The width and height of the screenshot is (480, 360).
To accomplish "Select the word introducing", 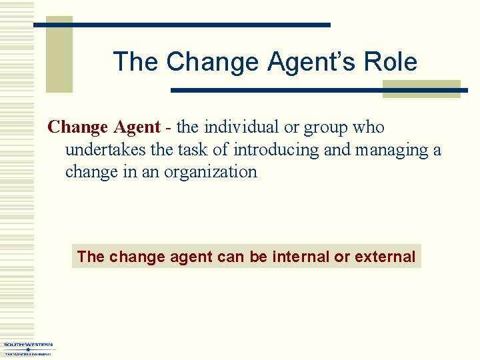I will click(x=276, y=149).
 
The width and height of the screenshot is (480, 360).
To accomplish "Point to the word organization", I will click(x=210, y=172).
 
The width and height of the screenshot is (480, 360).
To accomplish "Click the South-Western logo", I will click(x=29, y=349).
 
